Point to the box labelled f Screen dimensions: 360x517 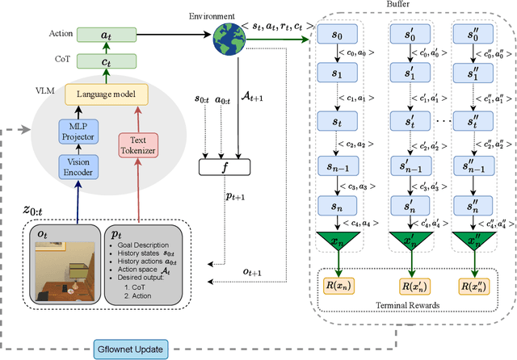225,168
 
